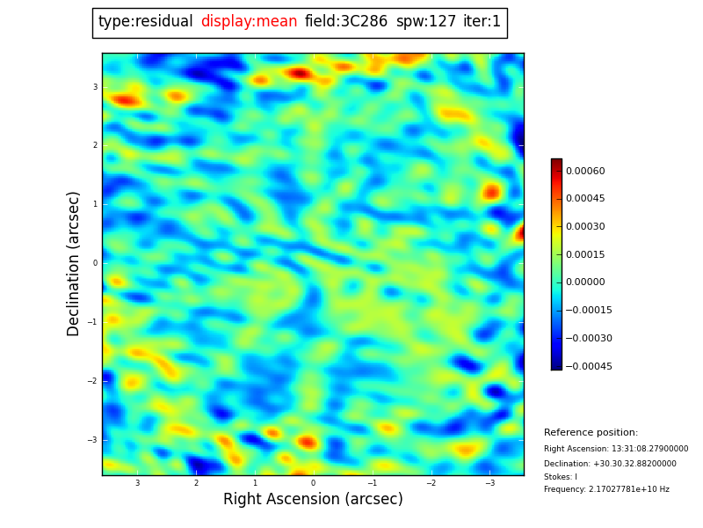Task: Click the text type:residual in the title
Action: click(x=145, y=22)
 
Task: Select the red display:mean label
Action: click(x=249, y=22)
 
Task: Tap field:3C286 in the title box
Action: click(x=346, y=22)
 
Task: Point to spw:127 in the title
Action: click(x=426, y=22)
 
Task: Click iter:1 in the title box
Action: click(x=482, y=22)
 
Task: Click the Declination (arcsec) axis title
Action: click(x=74, y=263)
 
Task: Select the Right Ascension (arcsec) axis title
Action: click(x=313, y=499)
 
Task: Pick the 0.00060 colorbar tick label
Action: click(x=586, y=171)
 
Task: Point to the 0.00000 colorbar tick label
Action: click(x=586, y=282)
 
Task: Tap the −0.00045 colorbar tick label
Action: click(x=588, y=366)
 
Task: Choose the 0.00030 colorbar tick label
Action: click(x=586, y=226)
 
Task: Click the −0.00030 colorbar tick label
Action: click(x=588, y=338)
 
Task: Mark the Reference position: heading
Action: click(x=591, y=433)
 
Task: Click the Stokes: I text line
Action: click(x=561, y=477)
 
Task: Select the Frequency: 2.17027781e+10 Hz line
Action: click(x=606, y=489)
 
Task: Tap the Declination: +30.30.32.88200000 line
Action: click(x=610, y=464)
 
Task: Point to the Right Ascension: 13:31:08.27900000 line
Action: click(x=616, y=449)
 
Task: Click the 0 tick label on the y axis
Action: click(x=94, y=263)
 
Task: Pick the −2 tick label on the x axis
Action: click(x=431, y=483)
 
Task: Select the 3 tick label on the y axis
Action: click(x=94, y=87)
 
